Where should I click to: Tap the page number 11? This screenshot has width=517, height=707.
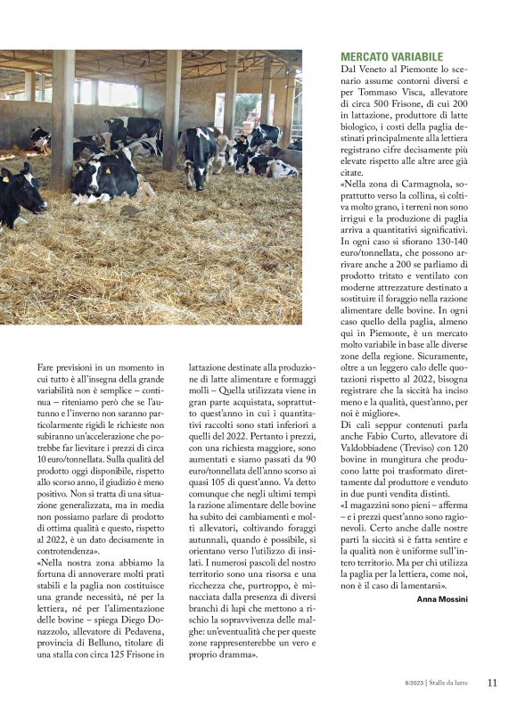[492, 682]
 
